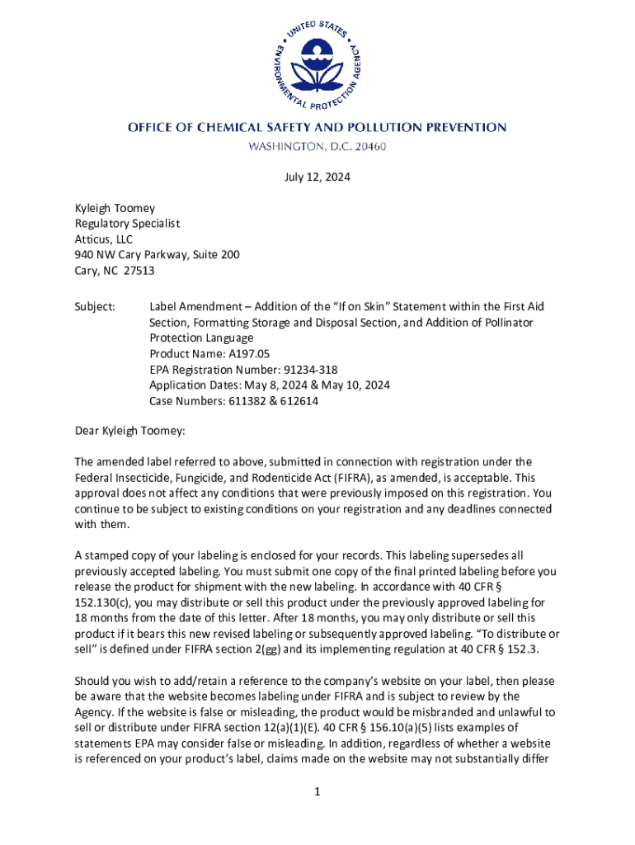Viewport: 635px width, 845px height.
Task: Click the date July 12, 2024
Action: click(x=317, y=176)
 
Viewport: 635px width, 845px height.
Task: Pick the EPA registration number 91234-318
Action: click(x=309, y=370)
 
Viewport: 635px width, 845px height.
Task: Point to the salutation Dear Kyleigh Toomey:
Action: click(x=130, y=431)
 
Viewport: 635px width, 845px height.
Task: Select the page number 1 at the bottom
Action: click(x=317, y=793)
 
